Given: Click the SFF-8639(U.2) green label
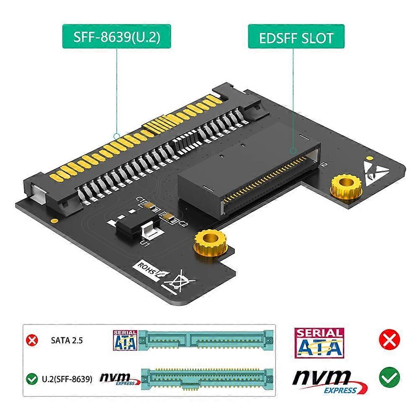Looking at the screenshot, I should [x=117, y=37].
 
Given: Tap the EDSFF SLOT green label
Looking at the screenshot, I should [x=296, y=37].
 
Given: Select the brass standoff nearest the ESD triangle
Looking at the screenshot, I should [x=346, y=187].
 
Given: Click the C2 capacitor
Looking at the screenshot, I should [x=168, y=217].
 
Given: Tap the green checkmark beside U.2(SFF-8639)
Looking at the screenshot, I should [x=31, y=380].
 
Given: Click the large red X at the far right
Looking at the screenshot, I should [x=389, y=339].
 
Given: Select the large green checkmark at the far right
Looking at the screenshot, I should [x=389, y=378].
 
